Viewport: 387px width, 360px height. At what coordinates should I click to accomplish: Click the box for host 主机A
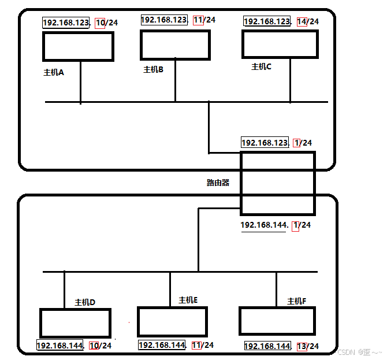click(x=78, y=46)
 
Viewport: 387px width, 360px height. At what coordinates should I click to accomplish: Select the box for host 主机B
click(x=175, y=44)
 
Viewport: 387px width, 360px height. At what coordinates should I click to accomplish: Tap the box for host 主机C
click(x=280, y=44)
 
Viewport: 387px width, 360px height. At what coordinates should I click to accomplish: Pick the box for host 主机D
click(x=75, y=323)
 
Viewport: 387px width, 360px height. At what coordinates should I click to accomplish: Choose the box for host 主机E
click(x=172, y=322)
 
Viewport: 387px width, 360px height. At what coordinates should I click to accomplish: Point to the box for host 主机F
click(x=277, y=321)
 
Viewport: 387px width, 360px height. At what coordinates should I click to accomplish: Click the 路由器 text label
click(x=218, y=183)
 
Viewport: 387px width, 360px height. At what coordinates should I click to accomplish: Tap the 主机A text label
click(x=54, y=73)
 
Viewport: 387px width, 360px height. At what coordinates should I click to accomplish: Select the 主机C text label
click(x=261, y=67)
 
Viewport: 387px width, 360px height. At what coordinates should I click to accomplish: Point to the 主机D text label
click(x=85, y=302)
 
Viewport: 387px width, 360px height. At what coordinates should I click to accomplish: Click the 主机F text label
click(x=297, y=301)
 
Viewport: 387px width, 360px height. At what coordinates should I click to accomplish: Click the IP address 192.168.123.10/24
click(x=80, y=23)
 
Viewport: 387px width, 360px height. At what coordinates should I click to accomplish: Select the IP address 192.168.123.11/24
click(x=178, y=20)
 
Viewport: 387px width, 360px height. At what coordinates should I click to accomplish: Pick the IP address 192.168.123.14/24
click(x=281, y=21)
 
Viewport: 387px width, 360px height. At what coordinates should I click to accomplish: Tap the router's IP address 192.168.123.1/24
click(x=277, y=143)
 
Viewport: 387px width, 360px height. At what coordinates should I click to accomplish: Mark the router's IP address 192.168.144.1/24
click(x=276, y=225)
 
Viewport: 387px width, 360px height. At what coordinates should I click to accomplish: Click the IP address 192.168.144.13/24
click(x=281, y=346)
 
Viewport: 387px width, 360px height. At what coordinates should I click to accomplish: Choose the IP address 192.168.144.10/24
click(x=74, y=346)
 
